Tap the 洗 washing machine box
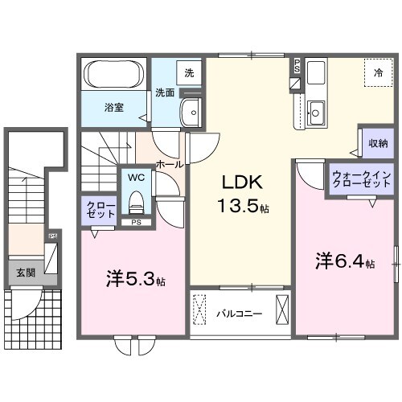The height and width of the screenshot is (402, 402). tap(189, 72)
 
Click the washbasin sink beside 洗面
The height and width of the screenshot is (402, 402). tap(192, 113)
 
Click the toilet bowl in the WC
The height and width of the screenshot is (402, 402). tap(135, 199)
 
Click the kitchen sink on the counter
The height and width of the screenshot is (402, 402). tap(317, 113)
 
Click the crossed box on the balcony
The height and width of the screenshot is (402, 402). tap(283, 310)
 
